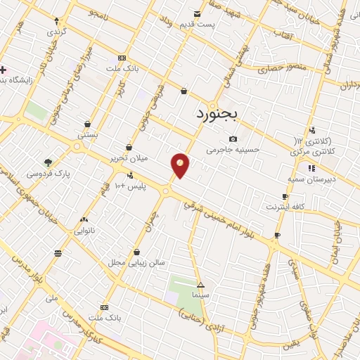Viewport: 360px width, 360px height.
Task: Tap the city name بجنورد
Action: coord(218,113)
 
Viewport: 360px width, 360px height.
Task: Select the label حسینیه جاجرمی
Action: coord(233,150)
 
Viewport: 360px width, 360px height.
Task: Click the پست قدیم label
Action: coord(216,25)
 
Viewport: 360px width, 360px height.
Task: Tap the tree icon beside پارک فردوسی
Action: coord(48,162)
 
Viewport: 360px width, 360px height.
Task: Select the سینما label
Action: coord(201,295)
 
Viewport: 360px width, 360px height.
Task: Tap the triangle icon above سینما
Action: coord(201,285)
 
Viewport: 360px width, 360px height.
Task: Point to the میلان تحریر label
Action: coord(128,158)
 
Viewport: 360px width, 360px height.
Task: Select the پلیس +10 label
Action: coord(129,186)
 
